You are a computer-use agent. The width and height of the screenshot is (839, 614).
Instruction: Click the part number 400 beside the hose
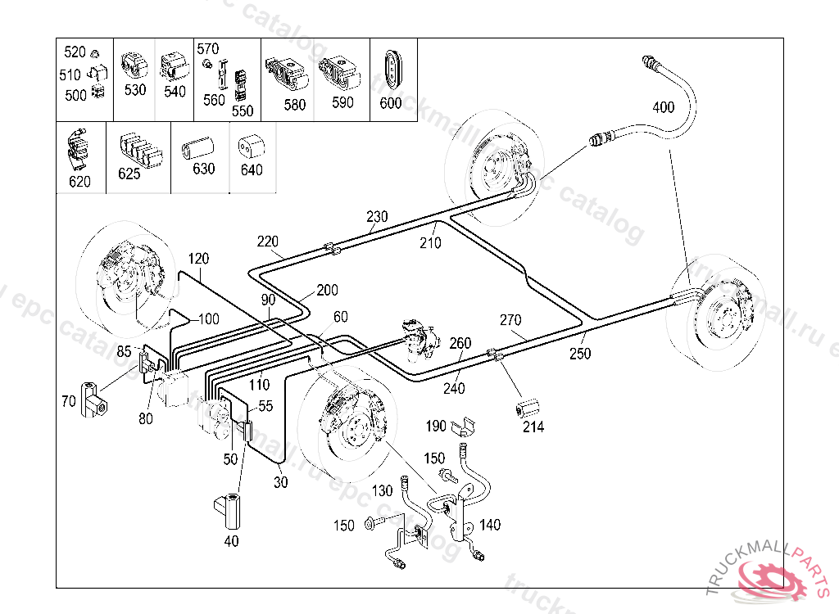[x=663, y=107]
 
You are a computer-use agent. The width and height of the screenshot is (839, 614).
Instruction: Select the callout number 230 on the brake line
[x=377, y=217]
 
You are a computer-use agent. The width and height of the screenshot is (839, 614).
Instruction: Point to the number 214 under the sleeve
[x=533, y=427]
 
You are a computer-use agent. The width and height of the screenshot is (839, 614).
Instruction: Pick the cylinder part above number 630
[x=197, y=147]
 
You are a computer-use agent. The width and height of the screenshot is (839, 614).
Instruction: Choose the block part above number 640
[x=250, y=147]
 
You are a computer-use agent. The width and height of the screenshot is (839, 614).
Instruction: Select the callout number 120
[x=198, y=259]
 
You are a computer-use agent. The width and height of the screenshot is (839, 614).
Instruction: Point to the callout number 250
[x=580, y=354]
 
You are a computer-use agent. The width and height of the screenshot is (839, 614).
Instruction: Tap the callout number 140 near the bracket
[x=490, y=525]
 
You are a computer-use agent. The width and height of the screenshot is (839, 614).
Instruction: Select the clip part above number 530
[x=134, y=64]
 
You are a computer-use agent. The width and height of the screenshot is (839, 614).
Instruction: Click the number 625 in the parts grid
[x=129, y=174]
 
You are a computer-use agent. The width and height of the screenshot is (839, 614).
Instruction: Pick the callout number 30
[x=281, y=482]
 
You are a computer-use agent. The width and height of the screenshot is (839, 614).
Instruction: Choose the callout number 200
[x=327, y=290]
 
